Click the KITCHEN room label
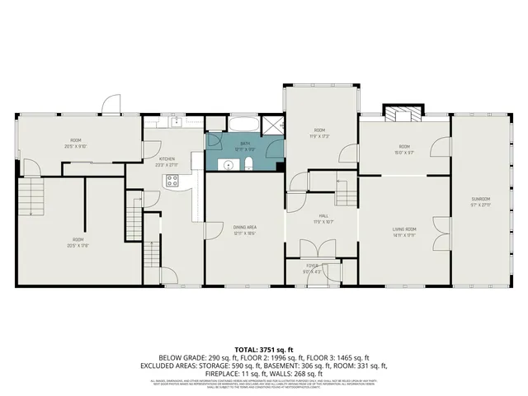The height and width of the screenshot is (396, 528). click(x=167, y=159)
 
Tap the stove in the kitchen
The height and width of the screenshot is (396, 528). click(x=172, y=182)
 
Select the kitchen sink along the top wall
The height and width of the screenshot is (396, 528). click(x=176, y=122)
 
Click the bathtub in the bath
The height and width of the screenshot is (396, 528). click(x=243, y=125)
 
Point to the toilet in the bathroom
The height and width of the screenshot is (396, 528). click(x=247, y=165)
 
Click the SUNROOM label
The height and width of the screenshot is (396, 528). click(x=481, y=199)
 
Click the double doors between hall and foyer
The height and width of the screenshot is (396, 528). click(x=310, y=252)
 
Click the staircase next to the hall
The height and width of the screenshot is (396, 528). click(x=346, y=195)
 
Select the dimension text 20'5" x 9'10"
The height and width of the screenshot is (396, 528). click(x=76, y=147)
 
